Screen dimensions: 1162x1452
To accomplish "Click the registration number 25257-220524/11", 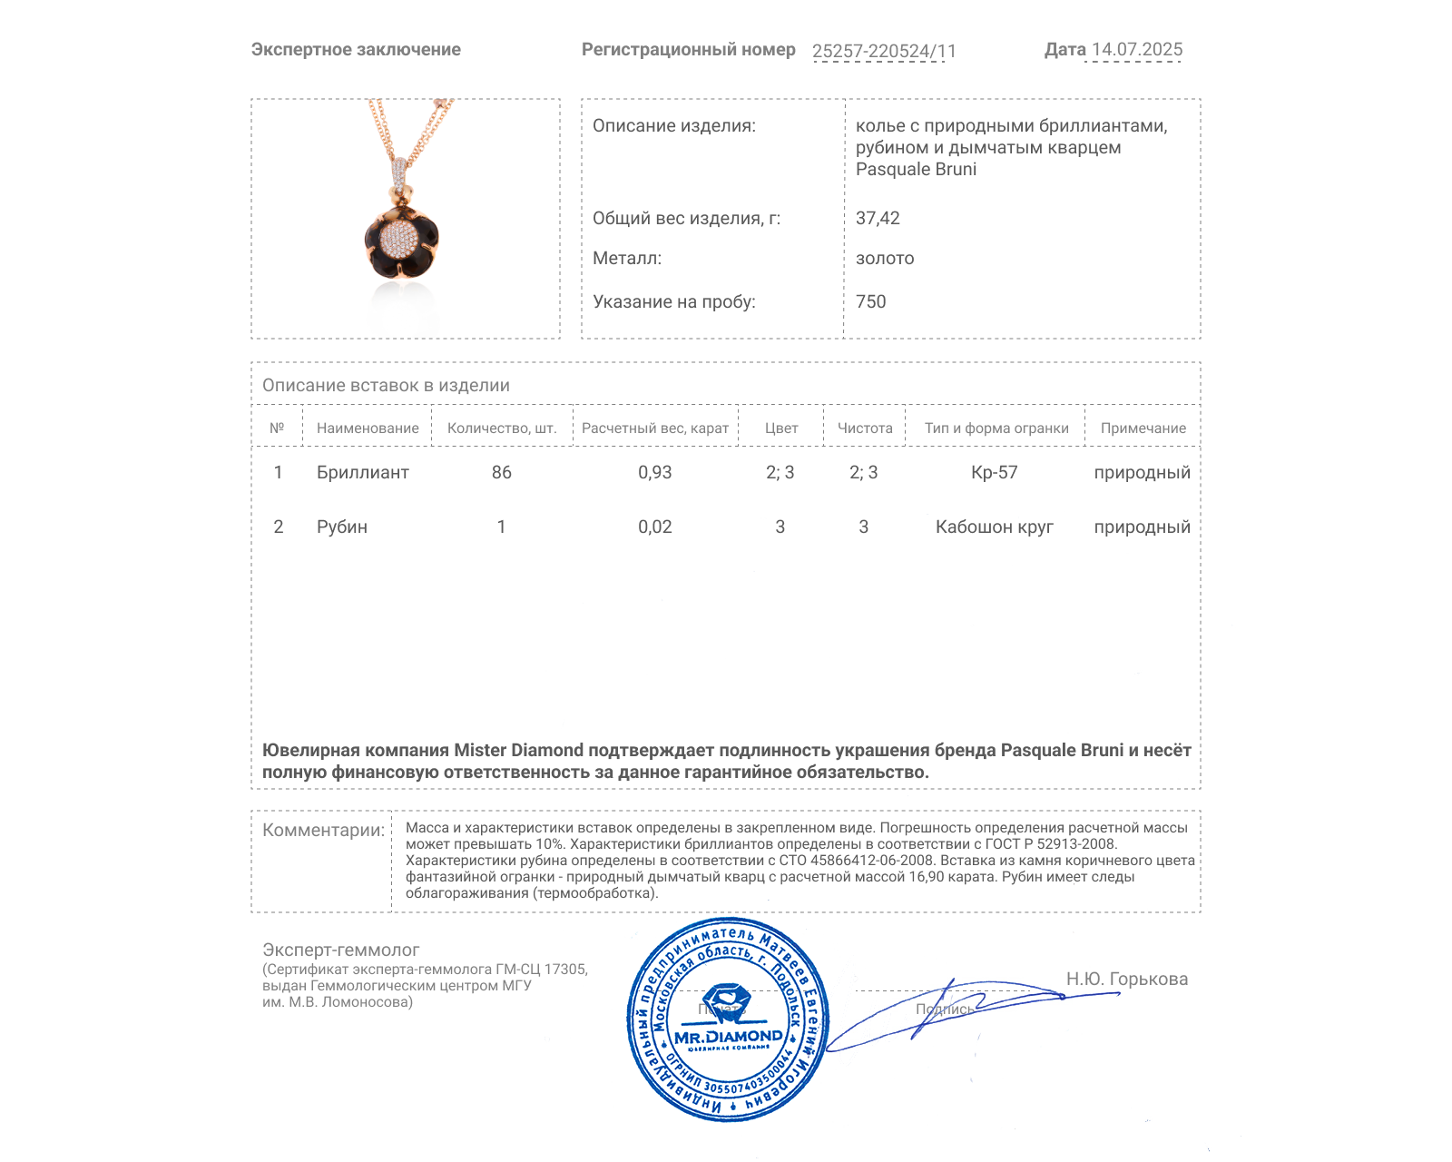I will pos(884,52).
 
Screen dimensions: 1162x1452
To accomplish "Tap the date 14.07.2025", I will pos(1137,50).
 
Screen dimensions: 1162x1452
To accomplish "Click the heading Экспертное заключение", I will pos(356,50).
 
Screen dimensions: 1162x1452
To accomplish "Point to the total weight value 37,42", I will pos(878,218).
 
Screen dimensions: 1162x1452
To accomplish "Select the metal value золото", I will pos(885,259).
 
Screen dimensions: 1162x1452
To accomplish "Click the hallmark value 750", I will pos(870,301).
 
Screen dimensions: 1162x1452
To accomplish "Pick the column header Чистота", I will pos(865,428).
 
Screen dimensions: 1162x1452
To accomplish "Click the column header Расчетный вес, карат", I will pos(655,428).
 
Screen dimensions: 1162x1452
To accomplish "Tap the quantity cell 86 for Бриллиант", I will pos(502,472).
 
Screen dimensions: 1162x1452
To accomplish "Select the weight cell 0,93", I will pos(655,472).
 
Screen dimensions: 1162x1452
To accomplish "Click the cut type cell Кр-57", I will pos(995,472).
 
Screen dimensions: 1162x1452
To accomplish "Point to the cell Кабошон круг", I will pos(995,527).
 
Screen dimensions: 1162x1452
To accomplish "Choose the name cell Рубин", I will pos(342,527).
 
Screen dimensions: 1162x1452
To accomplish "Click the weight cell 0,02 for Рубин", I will pos(655,527).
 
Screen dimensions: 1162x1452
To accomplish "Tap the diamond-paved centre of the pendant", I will pos(398,239).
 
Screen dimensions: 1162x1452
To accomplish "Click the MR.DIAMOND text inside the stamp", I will pos(729,1037).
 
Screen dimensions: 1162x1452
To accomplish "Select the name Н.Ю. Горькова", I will pos(1127,979).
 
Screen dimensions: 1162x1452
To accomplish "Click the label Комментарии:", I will pos(323,830).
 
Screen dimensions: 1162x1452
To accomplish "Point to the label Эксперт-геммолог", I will pos(341,950).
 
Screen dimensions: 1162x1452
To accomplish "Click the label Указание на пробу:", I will pos(674,301).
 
